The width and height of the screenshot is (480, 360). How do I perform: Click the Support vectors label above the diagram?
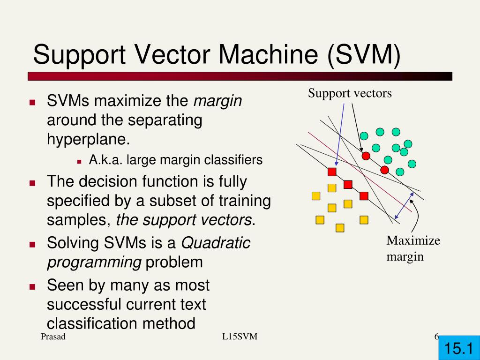[x=349, y=93]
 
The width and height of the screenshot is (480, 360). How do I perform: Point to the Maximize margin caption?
[x=413, y=248]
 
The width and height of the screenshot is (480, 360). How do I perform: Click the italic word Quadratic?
[x=216, y=243]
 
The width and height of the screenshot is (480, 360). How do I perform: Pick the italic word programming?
[x=94, y=262]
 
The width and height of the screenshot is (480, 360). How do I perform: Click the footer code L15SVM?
[x=240, y=337]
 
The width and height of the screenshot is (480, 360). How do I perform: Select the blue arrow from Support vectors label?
[x=339, y=136]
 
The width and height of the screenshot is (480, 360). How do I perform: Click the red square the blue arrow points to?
[x=332, y=172]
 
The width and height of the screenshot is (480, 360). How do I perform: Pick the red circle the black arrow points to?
[x=366, y=155]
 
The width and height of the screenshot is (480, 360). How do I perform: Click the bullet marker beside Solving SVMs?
[x=32, y=244]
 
